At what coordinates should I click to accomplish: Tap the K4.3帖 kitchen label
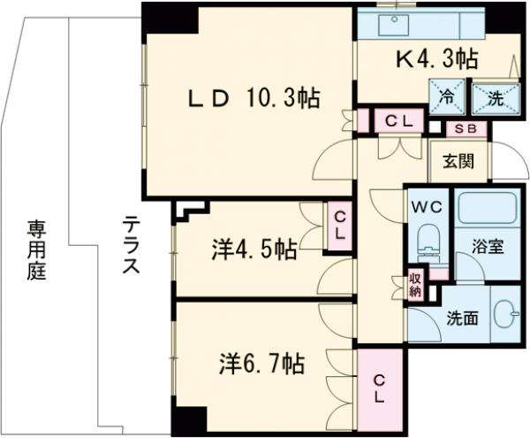click(435, 59)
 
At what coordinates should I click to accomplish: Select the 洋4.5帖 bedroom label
click(253, 250)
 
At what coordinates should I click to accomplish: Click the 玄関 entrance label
click(458, 161)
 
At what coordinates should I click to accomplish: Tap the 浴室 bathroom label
click(488, 246)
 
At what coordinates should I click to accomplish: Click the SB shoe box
click(465, 128)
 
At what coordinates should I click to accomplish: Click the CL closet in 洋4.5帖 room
click(338, 225)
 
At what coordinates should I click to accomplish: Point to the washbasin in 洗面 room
click(503, 316)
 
